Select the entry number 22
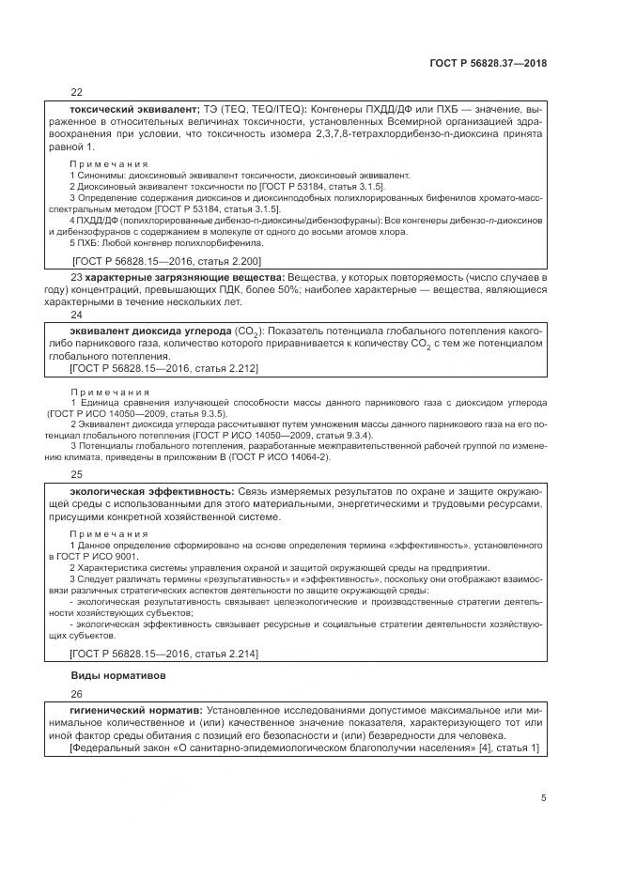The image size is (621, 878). point(77,92)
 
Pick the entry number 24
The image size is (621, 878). point(77,315)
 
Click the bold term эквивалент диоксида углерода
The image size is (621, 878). point(149,332)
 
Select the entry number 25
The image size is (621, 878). point(77,474)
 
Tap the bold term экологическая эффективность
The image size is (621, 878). point(151,492)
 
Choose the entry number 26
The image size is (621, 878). point(77,694)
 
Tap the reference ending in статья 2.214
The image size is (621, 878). point(165,653)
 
